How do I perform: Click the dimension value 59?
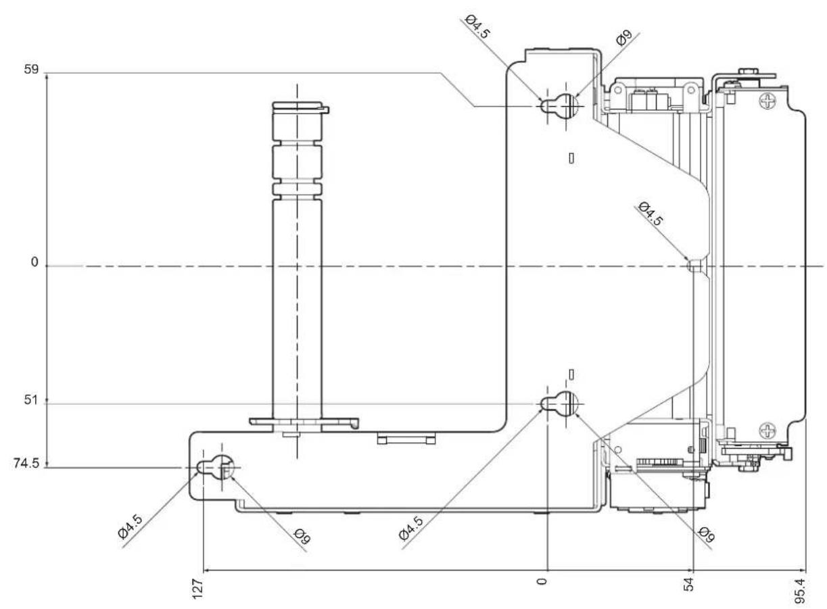(31, 70)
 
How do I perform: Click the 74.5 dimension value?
(26, 464)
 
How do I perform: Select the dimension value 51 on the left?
(31, 399)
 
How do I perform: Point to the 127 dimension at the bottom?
(197, 589)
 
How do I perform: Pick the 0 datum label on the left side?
(34, 262)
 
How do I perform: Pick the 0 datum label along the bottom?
(542, 582)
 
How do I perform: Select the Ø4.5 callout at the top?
(477, 26)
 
